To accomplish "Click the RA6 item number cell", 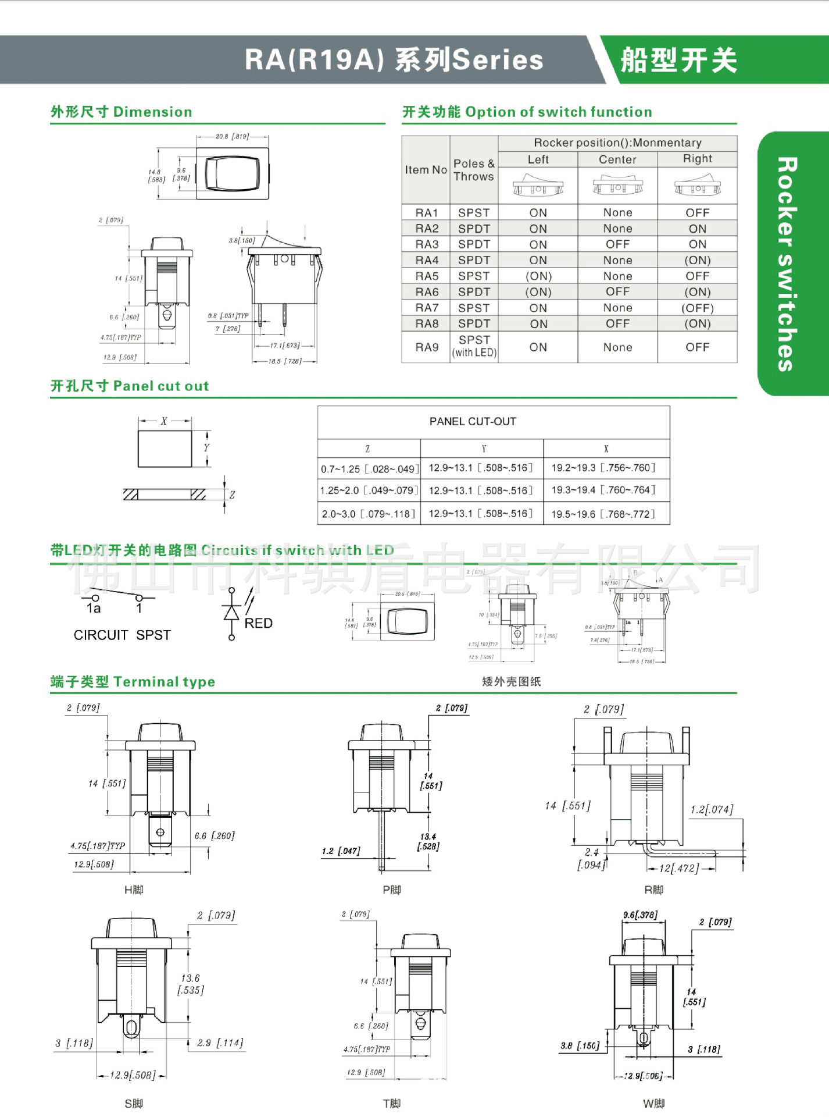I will click(426, 292).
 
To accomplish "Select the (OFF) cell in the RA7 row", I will click(697, 308).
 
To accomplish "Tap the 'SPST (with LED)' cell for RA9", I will click(474, 346).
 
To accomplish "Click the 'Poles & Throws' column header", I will click(474, 170).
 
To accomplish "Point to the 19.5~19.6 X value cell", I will click(603, 514).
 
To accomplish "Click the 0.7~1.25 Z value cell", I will click(369, 468).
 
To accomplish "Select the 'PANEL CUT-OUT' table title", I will click(473, 421).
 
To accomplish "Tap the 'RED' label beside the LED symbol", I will click(258, 623).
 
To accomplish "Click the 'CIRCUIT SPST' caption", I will click(122, 635).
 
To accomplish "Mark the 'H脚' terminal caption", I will click(134, 890).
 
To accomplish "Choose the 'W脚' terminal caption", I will click(653, 1104).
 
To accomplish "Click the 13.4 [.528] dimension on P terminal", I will click(428, 841).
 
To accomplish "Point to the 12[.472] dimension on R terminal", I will click(679, 868).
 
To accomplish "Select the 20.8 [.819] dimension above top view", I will click(232, 136).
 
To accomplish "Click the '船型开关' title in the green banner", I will click(678, 60).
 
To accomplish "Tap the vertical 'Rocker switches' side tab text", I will click(787, 264).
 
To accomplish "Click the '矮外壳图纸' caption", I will click(511, 681).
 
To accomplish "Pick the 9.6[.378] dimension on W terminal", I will click(640, 915).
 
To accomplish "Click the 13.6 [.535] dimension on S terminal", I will click(191, 984).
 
